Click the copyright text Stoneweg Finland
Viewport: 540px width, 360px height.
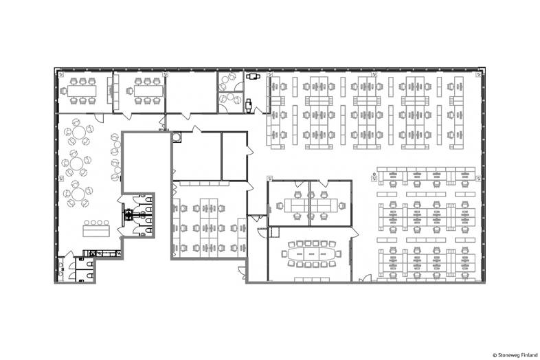[x=515, y=355]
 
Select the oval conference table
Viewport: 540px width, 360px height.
[x=311, y=254]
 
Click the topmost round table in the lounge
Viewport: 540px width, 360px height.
[x=79, y=131]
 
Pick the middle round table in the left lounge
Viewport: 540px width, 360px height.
[x=76, y=163]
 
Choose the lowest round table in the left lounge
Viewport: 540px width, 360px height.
[x=78, y=194]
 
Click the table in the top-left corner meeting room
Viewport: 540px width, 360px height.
[x=82, y=91]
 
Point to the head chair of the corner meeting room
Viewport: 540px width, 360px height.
[x=63, y=91]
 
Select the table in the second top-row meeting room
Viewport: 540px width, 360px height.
[x=148, y=91]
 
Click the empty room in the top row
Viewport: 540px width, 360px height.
[x=192, y=92]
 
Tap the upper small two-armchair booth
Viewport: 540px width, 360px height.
[x=231, y=81]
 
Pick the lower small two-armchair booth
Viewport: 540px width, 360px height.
[x=231, y=102]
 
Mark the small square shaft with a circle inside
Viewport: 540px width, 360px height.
[x=177, y=137]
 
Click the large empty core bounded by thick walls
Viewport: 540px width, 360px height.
[x=146, y=162]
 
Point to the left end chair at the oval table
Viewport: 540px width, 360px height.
[x=284, y=254]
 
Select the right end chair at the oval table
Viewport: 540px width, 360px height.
[x=339, y=254]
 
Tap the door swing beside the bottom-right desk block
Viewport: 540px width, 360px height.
[x=365, y=278]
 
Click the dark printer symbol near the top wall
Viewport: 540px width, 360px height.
[x=253, y=76]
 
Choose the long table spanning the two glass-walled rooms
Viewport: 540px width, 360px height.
[x=310, y=205]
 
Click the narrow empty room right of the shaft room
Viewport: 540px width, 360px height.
[x=234, y=156]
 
